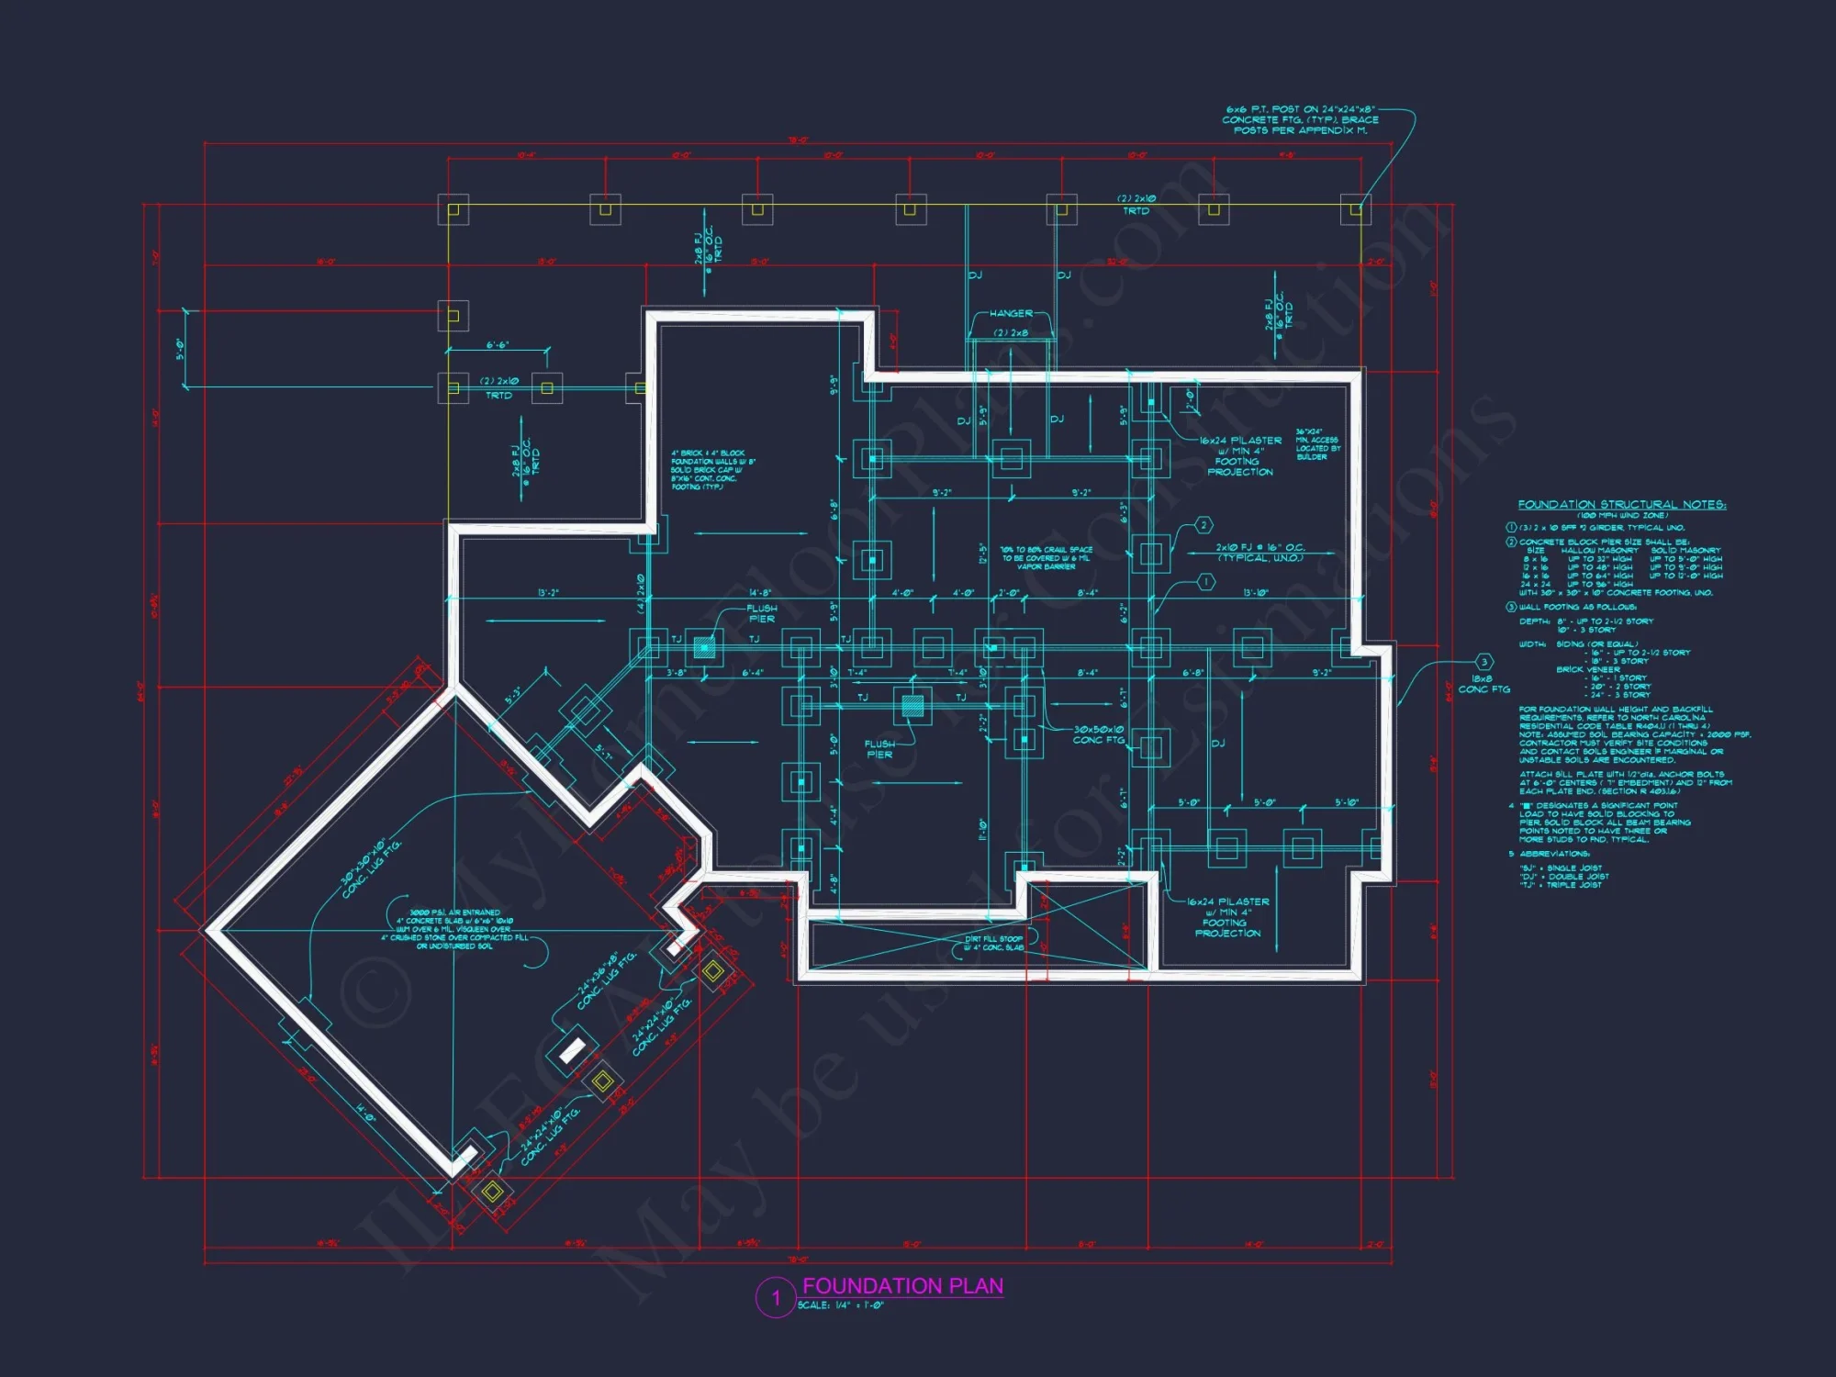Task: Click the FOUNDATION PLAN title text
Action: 902,1286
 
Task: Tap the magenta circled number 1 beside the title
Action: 776,1298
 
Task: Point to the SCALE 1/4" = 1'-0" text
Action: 840,1305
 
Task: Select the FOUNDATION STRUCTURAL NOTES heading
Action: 1621,505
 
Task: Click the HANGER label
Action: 1011,314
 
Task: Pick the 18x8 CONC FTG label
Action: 1483,684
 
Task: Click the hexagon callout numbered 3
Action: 1483,662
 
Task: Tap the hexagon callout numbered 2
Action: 1203,525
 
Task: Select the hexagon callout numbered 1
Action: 1206,582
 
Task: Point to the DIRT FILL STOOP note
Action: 994,943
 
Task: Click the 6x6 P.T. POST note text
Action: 1300,119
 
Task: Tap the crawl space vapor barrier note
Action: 1047,558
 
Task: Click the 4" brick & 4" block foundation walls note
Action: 712,470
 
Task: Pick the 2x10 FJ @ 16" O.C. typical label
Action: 1259,553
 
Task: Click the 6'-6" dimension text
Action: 498,345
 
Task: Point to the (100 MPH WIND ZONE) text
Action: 1622,515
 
